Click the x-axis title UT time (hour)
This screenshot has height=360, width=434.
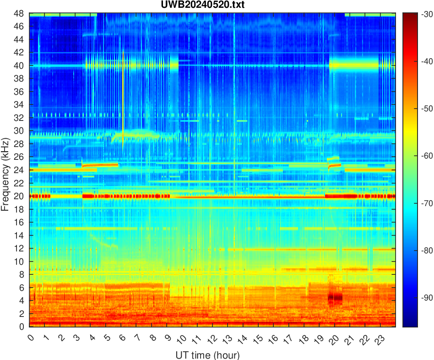pos(207,355)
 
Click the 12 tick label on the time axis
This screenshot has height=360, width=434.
pos(212,339)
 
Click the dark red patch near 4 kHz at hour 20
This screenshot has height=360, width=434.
pos(335,297)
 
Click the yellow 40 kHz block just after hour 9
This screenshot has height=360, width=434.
pos(174,65)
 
